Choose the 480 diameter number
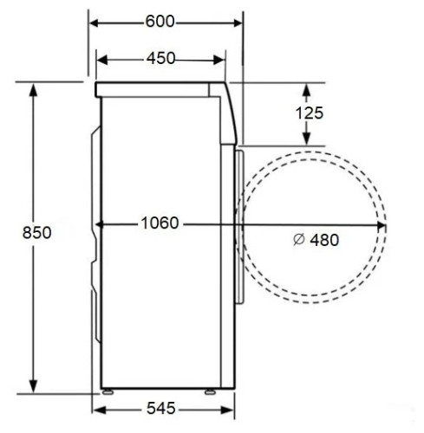pos(324,240)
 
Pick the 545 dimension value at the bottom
pos(161,408)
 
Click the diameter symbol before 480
pos(298,240)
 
